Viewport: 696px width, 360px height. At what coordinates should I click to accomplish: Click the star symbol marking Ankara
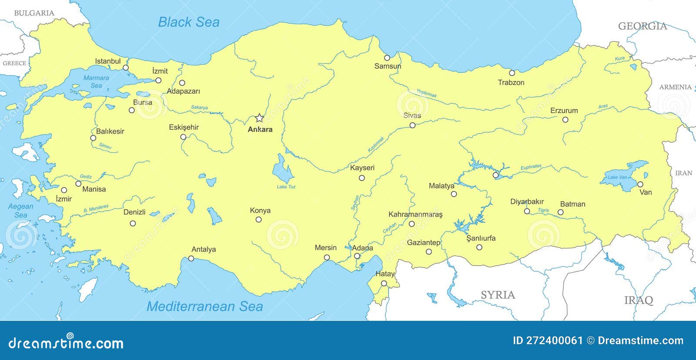(259, 118)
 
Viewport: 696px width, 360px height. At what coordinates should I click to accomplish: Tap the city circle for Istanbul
(126, 67)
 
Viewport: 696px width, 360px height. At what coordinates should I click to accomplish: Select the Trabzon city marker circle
(512, 73)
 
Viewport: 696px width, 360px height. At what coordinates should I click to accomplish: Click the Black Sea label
(188, 22)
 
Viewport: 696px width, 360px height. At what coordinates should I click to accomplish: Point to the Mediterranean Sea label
(204, 306)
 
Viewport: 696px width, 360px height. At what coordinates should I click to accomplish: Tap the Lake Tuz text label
(286, 187)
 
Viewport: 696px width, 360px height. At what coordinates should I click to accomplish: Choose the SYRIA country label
(498, 295)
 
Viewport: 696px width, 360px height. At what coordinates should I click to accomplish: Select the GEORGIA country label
(642, 26)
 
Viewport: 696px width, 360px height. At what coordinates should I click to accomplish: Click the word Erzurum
(564, 111)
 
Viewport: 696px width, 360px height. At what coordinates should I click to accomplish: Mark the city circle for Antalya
(191, 259)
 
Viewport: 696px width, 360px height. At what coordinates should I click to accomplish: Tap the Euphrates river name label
(531, 167)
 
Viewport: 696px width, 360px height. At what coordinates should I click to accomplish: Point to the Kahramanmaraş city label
(415, 215)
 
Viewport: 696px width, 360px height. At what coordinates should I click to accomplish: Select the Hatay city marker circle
(384, 283)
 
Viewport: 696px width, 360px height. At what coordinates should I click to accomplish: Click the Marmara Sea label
(96, 81)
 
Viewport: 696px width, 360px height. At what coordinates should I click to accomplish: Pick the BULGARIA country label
(34, 13)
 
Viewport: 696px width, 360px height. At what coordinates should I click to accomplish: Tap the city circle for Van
(640, 185)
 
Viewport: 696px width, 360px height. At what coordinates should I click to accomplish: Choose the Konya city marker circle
(258, 219)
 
